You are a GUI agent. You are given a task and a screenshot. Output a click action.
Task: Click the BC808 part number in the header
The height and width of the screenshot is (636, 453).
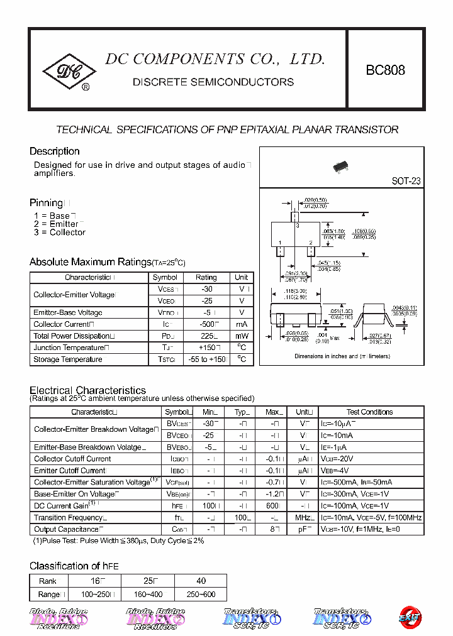[x=385, y=70]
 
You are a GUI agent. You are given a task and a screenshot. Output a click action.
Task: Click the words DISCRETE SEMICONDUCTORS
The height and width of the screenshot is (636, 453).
[x=213, y=82]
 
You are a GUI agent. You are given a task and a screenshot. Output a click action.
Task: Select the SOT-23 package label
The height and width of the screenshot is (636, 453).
[x=406, y=181]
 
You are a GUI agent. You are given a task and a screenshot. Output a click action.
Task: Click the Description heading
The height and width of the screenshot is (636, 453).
[x=55, y=151]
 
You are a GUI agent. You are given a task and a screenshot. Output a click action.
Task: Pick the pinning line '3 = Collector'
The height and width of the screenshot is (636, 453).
[x=60, y=233]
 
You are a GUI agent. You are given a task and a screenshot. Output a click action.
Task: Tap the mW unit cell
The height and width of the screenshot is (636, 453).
[x=242, y=336]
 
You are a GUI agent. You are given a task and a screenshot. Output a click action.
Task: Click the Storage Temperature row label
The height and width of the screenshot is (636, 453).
[x=68, y=359]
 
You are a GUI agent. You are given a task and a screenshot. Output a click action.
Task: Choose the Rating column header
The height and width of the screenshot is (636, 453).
[x=206, y=277]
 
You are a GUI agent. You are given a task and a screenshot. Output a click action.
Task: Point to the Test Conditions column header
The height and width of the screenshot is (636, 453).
[x=369, y=412]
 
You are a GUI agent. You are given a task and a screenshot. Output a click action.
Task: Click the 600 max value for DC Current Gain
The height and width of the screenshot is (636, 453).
[x=273, y=506]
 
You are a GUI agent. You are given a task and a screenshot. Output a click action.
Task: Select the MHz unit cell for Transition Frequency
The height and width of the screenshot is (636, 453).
[x=303, y=518]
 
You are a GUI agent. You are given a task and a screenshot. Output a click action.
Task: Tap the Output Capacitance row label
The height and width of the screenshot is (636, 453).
[x=66, y=529]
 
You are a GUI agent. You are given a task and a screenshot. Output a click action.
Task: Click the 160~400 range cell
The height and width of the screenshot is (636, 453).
[x=147, y=594]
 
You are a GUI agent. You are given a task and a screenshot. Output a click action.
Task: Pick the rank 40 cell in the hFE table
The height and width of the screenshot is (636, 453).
[x=201, y=581]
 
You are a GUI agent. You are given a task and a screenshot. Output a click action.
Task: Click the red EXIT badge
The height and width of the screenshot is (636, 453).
[x=410, y=617]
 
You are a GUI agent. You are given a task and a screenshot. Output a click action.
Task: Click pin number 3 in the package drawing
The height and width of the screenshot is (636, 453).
[x=298, y=225]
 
